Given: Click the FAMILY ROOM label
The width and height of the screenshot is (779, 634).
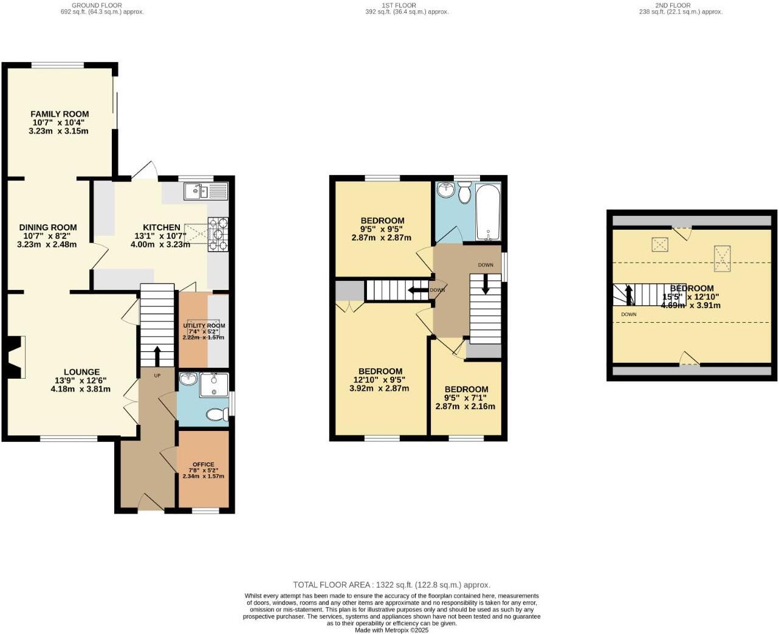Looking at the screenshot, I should tap(60, 114).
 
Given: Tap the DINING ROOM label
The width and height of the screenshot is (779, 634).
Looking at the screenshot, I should tap(48, 227).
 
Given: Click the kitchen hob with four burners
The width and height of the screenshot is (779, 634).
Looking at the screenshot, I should tap(218, 234).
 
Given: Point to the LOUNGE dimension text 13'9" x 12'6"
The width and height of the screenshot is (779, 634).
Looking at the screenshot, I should tap(80, 381).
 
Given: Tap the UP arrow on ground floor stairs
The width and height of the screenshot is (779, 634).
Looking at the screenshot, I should tap(157, 355).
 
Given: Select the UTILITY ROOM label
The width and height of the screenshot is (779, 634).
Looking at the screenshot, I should tap(204, 326).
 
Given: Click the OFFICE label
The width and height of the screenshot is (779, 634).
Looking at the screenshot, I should tap(204, 464).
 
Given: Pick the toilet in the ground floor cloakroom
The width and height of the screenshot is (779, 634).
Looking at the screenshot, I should tap(215, 415).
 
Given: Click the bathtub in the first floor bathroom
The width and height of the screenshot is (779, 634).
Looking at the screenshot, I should tap(488, 213).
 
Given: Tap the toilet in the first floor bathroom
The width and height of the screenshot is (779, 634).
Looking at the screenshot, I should tap(465, 194).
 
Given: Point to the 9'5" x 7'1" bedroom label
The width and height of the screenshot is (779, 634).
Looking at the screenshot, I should tap(466, 390).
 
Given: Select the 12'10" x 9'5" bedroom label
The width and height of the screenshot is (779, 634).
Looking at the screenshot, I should tap(380, 371).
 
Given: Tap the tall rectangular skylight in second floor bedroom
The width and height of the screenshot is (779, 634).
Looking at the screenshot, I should tap(721, 258).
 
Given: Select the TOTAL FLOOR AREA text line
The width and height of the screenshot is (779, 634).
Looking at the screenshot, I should tap(391, 585).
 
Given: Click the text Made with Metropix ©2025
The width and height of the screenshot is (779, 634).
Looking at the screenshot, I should tap(392, 630).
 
